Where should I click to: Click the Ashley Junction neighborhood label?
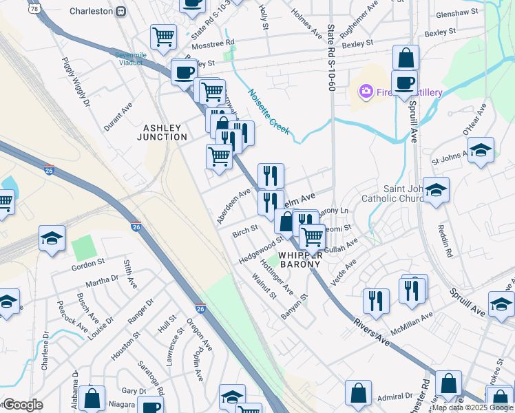[x=165, y=132]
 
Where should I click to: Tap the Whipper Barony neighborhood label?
[x=300, y=260]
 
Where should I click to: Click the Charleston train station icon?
[x=120, y=11]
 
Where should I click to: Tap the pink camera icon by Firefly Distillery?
[x=365, y=91]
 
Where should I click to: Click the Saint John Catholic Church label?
[x=413, y=195]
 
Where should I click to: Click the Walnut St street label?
[x=264, y=286]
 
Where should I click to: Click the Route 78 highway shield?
[x=33, y=8]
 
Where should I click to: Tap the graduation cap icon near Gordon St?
[x=52, y=238]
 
